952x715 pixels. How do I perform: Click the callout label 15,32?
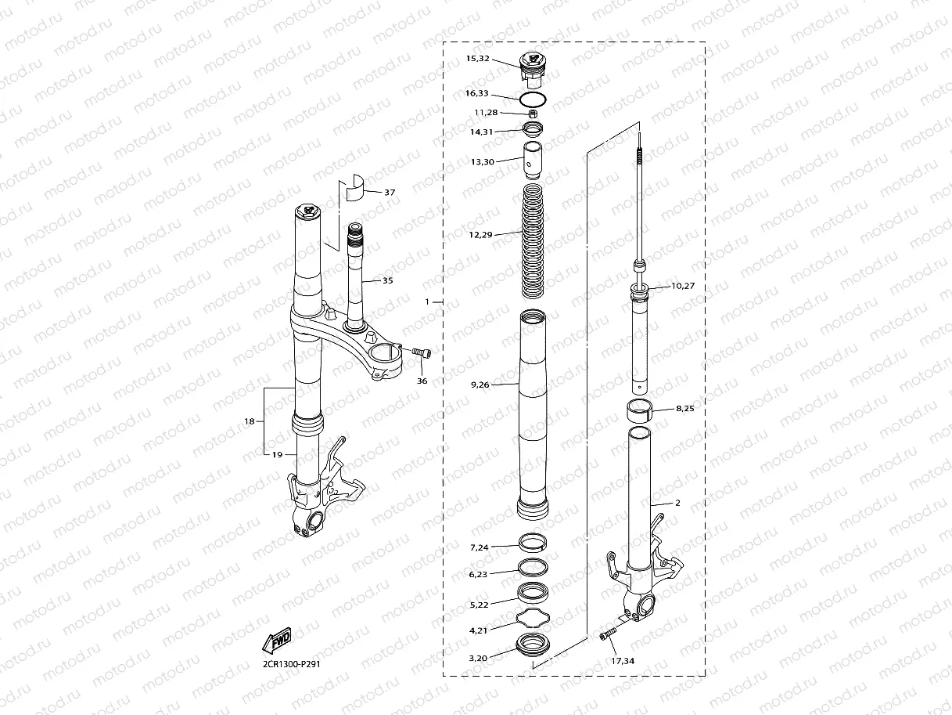point(477,59)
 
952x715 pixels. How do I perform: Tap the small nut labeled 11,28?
point(532,114)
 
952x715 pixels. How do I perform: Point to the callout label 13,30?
point(483,161)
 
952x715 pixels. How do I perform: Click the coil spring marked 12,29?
point(533,239)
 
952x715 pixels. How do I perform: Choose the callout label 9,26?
point(480,385)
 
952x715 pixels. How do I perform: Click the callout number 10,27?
point(683,286)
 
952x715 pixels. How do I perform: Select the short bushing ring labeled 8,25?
point(639,410)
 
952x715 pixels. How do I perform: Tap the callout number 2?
point(677,503)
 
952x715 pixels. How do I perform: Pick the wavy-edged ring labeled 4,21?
point(533,620)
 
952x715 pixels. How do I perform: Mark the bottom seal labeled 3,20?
point(533,647)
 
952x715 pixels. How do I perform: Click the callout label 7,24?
point(479,547)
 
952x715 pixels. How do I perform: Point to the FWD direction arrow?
point(277,641)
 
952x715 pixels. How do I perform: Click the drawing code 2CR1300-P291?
point(292,664)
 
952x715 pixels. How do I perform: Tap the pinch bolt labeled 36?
point(422,354)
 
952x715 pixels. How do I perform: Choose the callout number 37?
point(390,192)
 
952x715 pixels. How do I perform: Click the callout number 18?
point(250,421)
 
